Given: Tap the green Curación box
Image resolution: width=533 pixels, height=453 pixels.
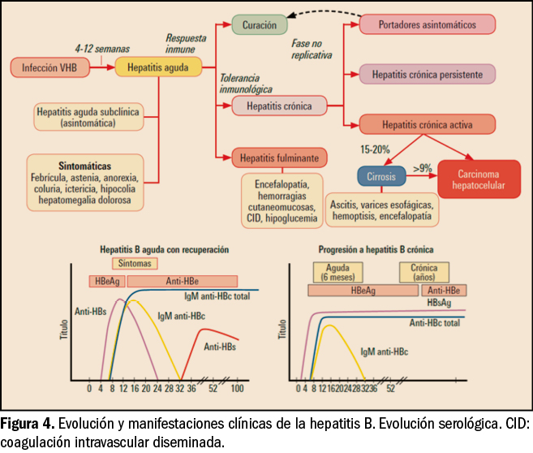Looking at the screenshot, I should coord(259,25).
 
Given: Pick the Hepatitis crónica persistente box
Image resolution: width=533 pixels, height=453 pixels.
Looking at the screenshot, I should coord(428,74).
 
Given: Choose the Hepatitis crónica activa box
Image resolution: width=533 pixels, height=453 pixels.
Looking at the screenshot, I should coord(428,124).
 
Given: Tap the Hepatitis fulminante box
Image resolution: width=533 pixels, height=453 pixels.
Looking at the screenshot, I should coord(280,157).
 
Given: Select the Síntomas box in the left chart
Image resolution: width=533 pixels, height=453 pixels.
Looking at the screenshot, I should coord(134,264).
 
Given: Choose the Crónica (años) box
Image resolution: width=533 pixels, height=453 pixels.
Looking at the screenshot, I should coord(424,271).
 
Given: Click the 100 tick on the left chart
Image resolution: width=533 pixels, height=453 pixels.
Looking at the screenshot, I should coord(237,389).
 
